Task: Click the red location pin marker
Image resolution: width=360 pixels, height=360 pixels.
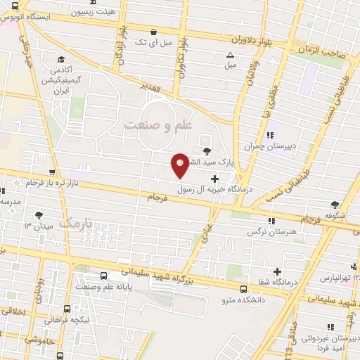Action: [x=180, y=165]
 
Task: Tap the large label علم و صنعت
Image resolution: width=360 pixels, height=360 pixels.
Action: [x=158, y=125]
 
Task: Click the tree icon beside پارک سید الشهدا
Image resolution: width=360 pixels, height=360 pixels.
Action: [x=206, y=150]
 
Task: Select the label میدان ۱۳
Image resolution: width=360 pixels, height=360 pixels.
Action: [x=39, y=226]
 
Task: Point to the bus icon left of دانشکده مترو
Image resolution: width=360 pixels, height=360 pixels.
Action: [x=243, y=289]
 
